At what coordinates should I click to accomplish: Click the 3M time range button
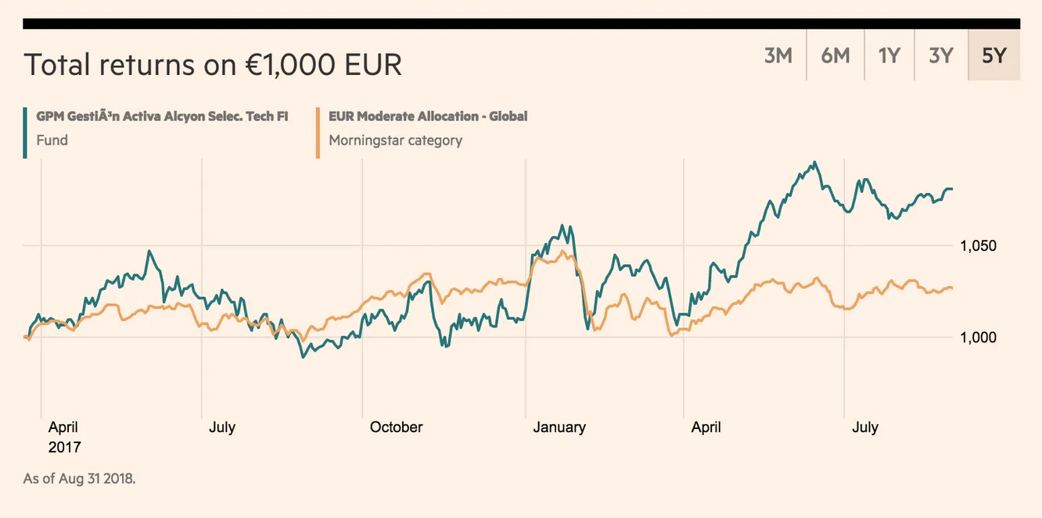[778, 55]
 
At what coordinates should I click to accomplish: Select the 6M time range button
[835, 55]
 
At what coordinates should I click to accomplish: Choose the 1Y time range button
[889, 55]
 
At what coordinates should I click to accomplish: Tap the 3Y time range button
[941, 55]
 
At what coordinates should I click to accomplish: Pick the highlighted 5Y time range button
[993, 55]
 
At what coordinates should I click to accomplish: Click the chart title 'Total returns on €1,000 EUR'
[213, 64]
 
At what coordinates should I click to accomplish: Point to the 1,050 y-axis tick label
[978, 246]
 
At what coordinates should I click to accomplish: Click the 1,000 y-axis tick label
[978, 338]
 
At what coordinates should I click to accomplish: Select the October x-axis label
[396, 427]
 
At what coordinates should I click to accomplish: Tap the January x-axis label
[559, 427]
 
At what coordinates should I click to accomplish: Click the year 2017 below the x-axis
[64, 448]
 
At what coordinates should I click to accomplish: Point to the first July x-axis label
[222, 427]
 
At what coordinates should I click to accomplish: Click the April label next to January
[706, 427]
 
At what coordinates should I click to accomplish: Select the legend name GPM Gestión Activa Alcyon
[162, 116]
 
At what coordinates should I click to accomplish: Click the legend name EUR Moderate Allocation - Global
[428, 116]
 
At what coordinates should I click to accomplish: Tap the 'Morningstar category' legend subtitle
[395, 141]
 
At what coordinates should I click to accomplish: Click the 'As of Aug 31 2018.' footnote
[79, 478]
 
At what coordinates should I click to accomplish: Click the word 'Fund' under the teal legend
[52, 141]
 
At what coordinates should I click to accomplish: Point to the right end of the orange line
[952, 288]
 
